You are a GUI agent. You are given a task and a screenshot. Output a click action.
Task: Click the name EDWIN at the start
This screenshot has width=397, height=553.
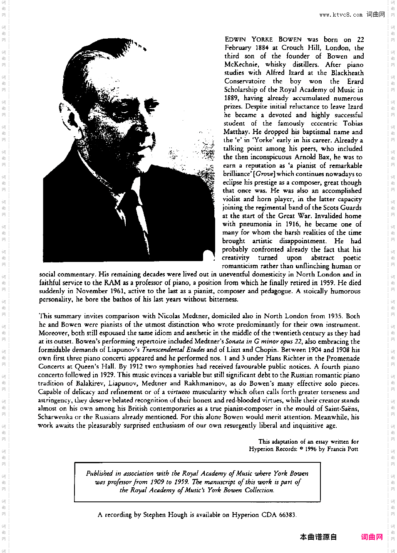(235, 39)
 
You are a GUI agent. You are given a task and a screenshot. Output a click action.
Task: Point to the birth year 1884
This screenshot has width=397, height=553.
(262, 48)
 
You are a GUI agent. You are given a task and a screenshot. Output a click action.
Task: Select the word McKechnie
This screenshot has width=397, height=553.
(241, 64)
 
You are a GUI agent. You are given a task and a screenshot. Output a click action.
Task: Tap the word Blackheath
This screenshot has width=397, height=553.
(347, 73)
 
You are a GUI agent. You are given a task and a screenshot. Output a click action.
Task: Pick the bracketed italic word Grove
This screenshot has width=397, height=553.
(265, 174)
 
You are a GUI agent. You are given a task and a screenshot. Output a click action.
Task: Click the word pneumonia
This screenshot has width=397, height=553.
(254, 224)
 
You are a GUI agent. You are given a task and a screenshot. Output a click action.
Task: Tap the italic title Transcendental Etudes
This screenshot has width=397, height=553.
(173, 350)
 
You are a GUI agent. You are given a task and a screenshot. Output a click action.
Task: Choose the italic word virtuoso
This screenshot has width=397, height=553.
(179, 392)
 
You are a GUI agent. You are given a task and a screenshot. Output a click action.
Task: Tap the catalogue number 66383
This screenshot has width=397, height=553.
(287, 515)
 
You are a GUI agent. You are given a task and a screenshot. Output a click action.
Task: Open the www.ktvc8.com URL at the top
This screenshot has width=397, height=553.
(341, 15)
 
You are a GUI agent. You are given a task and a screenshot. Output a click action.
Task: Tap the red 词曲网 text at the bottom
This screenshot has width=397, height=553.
(372, 537)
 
